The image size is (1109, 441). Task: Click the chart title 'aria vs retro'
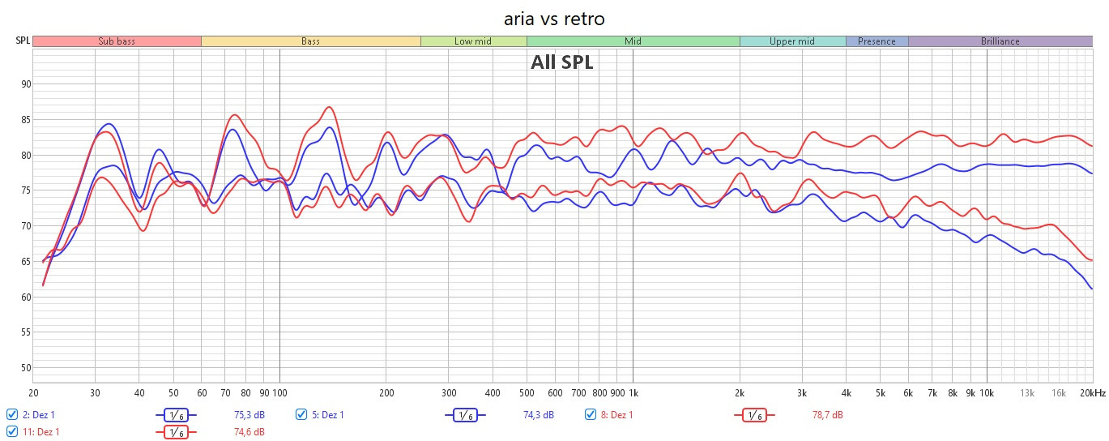pyautogui.click(x=554, y=18)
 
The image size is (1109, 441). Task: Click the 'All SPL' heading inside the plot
pyautogui.click(x=562, y=62)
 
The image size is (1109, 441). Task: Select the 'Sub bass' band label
pyautogui.click(x=117, y=41)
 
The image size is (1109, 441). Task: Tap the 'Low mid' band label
pyautogui.click(x=473, y=41)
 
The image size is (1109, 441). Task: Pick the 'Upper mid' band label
pyautogui.click(x=792, y=41)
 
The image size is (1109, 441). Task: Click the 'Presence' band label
pyautogui.click(x=877, y=41)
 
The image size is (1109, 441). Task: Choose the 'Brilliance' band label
pyautogui.click(x=1000, y=41)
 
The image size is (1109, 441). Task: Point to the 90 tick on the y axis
pyautogui.click(x=25, y=84)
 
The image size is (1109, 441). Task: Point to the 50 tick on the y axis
pyautogui.click(x=25, y=368)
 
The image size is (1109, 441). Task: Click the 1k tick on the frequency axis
pyautogui.click(x=633, y=393)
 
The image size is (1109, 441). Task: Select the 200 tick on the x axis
pyautogui.click(x=386, y=393)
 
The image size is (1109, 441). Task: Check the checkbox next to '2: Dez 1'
pyautogui.click(x=11, y=415)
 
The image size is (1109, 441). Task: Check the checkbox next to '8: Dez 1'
pyautogui.click(x=591, y=415)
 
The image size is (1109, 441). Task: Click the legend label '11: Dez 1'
pyautogui.click(x=41, y=432)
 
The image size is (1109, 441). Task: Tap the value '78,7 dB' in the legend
pyautogui.click(x=827, y=415)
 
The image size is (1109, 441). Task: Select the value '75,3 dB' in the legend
pyautogui.click(x=249, y=415)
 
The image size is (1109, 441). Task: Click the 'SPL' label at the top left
pyautogui.click(x=22, y=41)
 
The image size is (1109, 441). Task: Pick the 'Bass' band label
pyautogui.click(x=310, y=41)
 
